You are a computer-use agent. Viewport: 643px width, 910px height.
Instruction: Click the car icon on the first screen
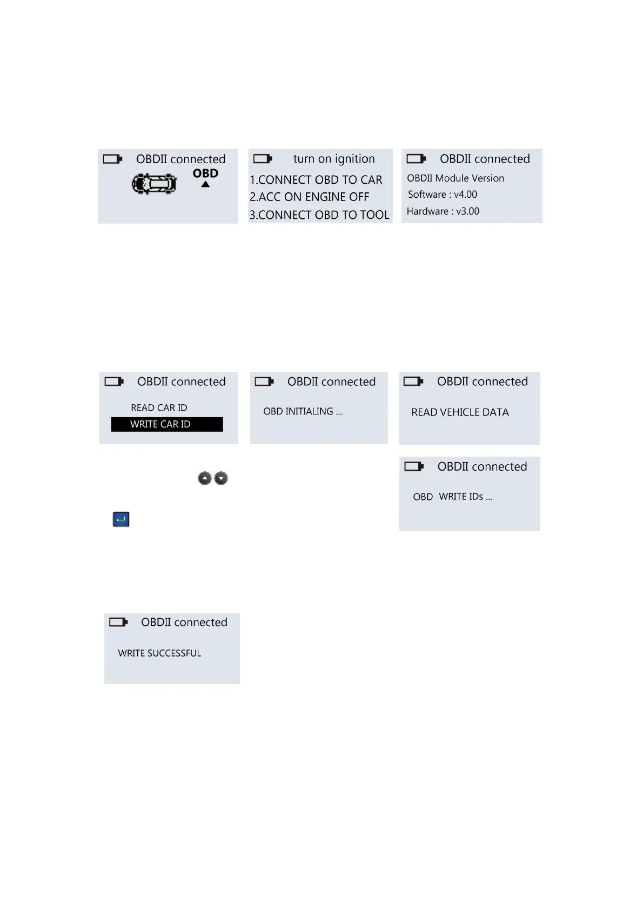[x=155, y=184]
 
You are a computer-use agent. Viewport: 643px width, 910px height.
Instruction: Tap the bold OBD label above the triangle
[x=205, y=173]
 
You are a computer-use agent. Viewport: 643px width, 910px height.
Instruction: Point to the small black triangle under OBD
[x=205, y=185]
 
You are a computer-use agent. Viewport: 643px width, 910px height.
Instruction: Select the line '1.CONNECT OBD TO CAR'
[x=316, y=180]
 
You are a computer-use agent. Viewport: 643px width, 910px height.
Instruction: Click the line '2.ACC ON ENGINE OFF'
[x=309, y=197]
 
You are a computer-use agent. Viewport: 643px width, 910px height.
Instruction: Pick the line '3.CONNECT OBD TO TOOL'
[x=319, y=215]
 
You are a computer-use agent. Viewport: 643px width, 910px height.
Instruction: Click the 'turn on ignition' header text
[x=334, y=159]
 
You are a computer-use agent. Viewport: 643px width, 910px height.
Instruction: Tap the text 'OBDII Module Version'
[x=456, y=178]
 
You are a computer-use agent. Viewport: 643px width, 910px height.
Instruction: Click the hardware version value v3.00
[x=467, y=211]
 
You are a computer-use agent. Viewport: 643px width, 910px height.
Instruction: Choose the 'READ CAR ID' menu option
[x=159, y=408]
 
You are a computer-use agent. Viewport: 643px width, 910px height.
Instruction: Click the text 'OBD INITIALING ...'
[x=303, y=412]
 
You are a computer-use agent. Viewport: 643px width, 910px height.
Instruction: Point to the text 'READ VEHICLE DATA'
[x=460, y=412]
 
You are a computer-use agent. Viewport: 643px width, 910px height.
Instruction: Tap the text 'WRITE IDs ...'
[x=465, y=497]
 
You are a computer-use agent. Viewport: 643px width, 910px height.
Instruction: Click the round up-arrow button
[x=205, y=478]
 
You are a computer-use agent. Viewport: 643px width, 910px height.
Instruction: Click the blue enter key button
[x=121, y=519]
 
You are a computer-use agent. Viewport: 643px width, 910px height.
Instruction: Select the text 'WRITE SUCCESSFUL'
[x=159, y=653]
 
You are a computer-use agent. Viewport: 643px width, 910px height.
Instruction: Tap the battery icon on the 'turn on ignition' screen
[x=263, y=159]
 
